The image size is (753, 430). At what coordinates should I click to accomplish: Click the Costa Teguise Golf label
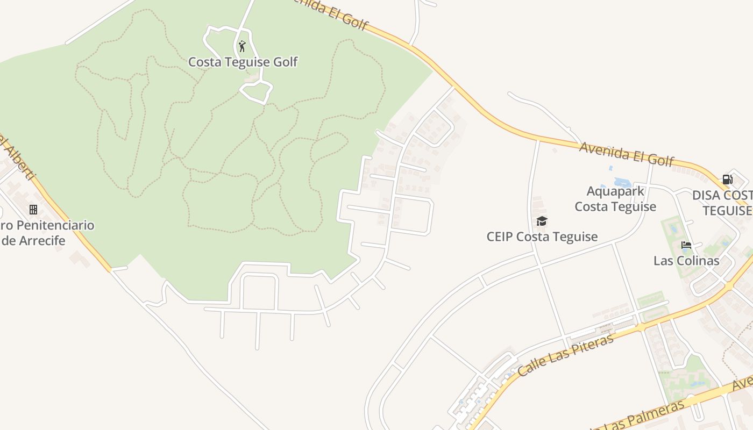[x=243, y=62]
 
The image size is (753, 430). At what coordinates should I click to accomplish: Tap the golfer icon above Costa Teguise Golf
[x=242, y=46]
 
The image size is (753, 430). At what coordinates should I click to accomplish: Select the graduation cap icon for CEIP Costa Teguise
[x=542, y=221]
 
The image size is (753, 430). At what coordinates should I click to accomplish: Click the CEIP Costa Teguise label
[x=542, y=236]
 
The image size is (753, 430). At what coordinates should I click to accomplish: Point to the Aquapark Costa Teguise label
[x=615, y=199]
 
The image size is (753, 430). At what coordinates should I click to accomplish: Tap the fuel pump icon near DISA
[x=727, y=179]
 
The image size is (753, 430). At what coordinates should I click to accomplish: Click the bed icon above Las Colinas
[x=686, y=246]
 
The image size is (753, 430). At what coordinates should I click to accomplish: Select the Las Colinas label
[x=686, y=261]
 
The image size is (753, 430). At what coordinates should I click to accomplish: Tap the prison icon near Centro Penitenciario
[x=33, y=209]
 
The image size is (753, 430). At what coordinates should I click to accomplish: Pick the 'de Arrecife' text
[x=33, y=240]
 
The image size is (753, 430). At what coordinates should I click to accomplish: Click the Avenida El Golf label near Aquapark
[x=626, y=153]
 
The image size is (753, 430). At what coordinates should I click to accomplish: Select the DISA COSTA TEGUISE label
[x=722, y=203]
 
